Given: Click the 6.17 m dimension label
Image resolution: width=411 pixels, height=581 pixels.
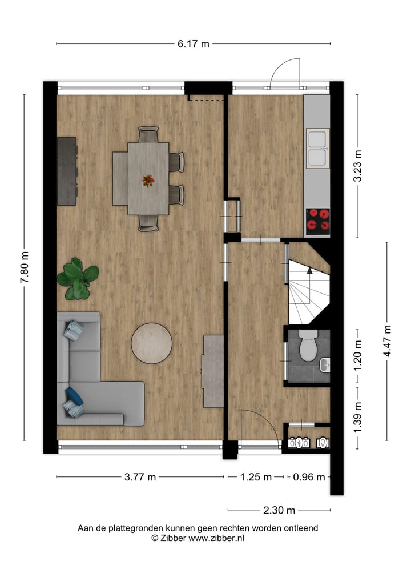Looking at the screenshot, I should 194,44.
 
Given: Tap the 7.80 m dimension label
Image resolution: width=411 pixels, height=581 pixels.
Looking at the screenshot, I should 24,267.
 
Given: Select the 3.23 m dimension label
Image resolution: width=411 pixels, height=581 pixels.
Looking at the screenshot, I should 358,166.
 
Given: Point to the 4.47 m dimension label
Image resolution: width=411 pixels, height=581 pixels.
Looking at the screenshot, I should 388,341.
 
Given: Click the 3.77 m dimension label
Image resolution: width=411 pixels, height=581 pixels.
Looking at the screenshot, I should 140,477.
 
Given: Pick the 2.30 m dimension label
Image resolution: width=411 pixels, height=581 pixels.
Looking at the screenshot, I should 279,510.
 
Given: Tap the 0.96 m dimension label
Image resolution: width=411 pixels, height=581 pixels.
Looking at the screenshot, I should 309,477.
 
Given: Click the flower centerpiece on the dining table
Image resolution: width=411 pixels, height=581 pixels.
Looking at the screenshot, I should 148,181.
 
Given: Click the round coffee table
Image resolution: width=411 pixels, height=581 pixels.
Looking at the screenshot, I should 152,343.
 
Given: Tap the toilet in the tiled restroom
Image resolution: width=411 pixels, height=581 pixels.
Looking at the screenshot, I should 309,345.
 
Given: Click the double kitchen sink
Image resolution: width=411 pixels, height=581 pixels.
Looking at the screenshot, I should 317,148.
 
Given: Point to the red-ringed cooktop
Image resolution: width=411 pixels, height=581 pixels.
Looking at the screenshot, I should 318,221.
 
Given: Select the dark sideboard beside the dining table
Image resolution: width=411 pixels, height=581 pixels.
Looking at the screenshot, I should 67,171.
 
